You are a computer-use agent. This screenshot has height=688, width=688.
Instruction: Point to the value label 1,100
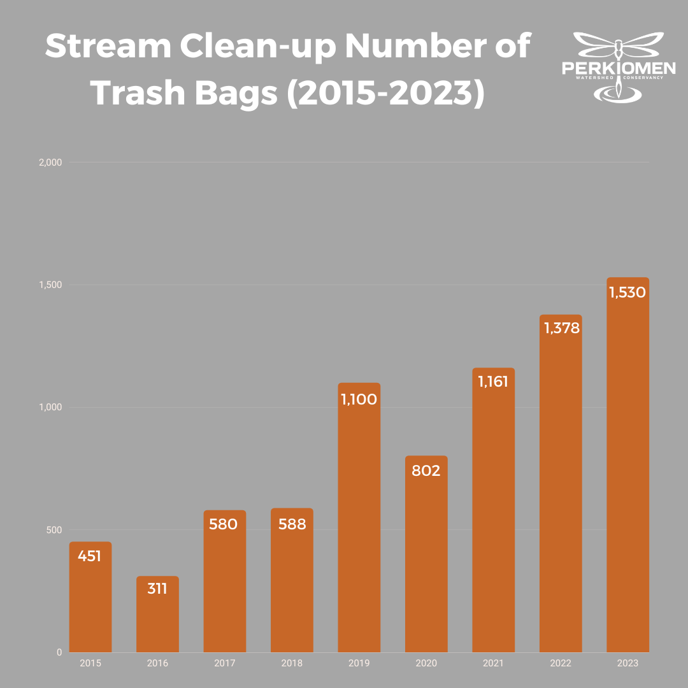(359, 399)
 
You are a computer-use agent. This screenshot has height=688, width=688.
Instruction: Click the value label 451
(90, 556)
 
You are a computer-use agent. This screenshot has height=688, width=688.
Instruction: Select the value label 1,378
(561, 328)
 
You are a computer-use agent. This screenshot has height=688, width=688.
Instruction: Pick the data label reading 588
(292, 524)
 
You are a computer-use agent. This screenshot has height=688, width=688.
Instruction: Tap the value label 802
(426, 471)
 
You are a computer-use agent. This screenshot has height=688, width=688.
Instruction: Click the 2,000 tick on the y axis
(50, 162)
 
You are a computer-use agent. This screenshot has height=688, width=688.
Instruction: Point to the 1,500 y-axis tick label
(51, 285)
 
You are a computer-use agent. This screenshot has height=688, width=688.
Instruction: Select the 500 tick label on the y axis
(54, 530)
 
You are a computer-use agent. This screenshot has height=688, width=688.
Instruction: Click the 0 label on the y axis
(59, 652)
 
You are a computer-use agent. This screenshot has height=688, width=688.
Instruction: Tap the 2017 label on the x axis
(224, 663)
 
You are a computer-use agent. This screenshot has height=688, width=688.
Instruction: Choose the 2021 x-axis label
(493, 663)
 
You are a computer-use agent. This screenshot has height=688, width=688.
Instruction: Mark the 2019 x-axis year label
(359, 663)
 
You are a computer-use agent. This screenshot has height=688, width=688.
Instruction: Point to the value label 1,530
(627, 292)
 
